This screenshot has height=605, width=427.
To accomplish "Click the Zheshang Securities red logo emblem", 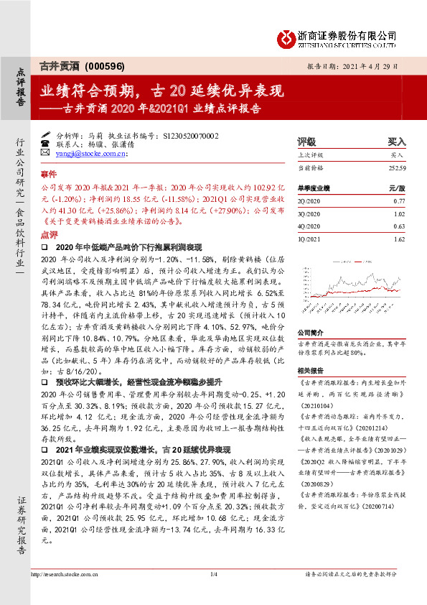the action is (x=287, y=36).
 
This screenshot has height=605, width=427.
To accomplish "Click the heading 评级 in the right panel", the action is (x=306, y=142).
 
